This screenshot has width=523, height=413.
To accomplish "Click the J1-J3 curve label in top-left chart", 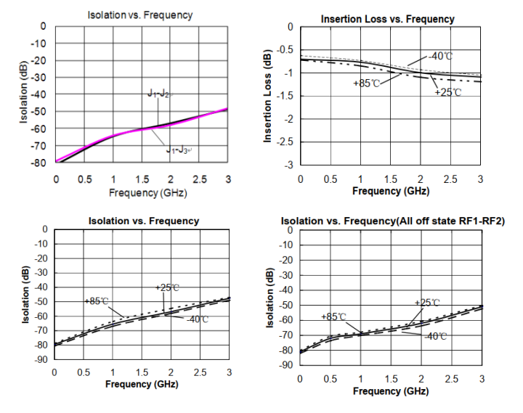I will (178, 150).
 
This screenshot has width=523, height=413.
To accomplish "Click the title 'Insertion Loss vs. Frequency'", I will (388, 19).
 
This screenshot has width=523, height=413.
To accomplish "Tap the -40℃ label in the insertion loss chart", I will (441, 56).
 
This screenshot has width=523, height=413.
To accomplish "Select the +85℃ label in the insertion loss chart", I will (366, 83).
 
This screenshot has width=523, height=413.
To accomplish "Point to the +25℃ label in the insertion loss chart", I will (447, 93).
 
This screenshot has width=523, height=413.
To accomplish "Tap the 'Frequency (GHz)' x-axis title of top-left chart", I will (142, 193).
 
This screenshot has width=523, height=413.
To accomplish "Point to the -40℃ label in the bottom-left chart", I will (197, 319).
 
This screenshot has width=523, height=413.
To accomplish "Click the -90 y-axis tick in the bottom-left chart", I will (39, 359).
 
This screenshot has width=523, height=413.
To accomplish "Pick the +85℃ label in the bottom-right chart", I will (333, 317).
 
